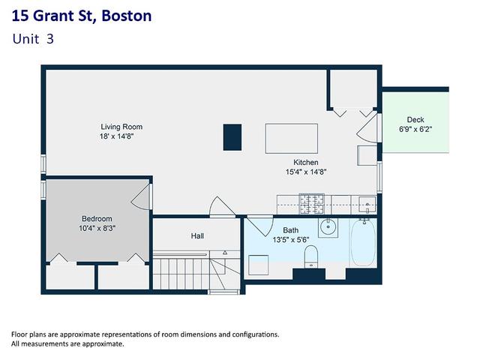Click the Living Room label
pyautogui.click(x=121, y=127)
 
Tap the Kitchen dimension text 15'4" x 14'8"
pyautogui.click(x=306, y=172)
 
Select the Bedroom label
pyautogui.click(x=97, y=218)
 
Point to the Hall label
pyautogui.click(x=197, y=236)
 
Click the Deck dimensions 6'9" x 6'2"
pyautogui.click(x=415, y=129)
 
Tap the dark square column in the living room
pyautogui.click(x=232, y=137)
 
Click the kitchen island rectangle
pyautogui.click(x=292, y=138)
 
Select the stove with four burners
pyautogui.click(x=312, y=204)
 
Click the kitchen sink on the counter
pyautogui.click(x=367, y=205)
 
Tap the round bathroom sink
pyautogui.click(x=328, y=227)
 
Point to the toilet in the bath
pyautogui.click(x=311, y=256)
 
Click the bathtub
pyautogui.click(x=363, y=242)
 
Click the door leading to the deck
pyautogui.click(x=367, y=128)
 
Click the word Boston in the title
pyautogui.click(x=127, y=16)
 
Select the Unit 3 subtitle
pyautogui.click(x=33, y=39)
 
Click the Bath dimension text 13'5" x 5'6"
pyautogui.click(x=291, y=240)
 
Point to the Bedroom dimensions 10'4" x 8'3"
pyautogui.click(x=97, y=228)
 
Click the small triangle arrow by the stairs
pyautogui.click(x=225, y=253)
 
